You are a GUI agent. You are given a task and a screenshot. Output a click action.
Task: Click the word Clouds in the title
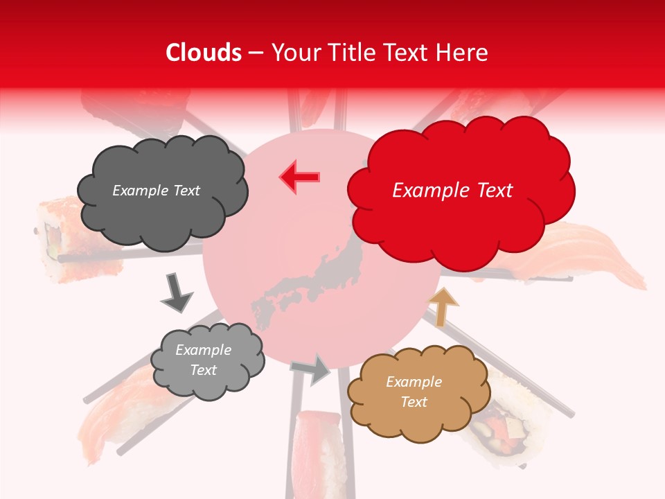pyautogui.click(x=204, y=53)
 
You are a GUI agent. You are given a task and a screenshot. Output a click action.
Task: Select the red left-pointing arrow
pyautogui.click(x=300, y=177)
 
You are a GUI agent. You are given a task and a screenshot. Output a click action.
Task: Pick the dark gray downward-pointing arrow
pyautogui.click(x=177, y=292)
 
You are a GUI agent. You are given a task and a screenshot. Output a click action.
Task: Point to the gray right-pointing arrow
pyautogui.click(x=312, y=369)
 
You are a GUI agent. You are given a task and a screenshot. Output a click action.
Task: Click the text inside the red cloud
pyautogui.click(x=452, y=191)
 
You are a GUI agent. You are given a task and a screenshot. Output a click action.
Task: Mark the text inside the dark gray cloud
pyautogui.click(x=156, y=191)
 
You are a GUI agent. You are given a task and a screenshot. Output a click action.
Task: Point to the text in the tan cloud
pyautogui.click(x=414, y=392)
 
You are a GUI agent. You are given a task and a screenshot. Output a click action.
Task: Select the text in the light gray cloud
pyautogui.click(x=203, y=360)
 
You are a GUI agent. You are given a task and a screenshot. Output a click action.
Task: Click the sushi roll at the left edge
pyautogui.click(x=59, y=239)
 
